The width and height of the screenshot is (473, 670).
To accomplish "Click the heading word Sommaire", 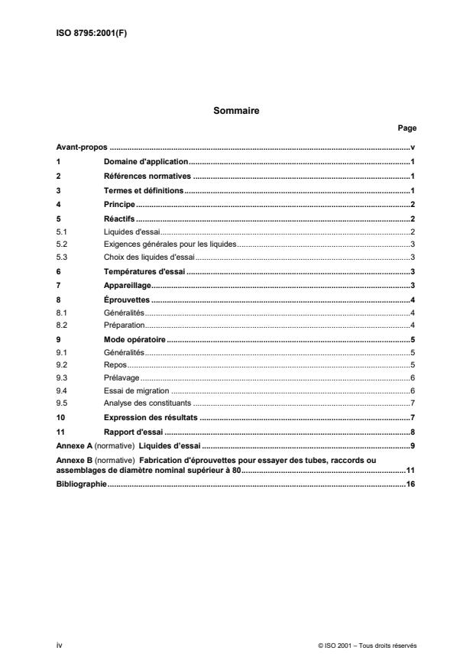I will click(236, 111).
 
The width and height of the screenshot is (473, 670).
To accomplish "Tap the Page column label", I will click(407, 128).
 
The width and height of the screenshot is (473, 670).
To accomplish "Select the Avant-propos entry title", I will click(82, 147).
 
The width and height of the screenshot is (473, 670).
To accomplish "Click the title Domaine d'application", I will click(145, 162).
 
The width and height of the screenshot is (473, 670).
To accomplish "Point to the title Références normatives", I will click(147, 176).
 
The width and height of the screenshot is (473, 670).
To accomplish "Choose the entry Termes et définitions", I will click(144, 191).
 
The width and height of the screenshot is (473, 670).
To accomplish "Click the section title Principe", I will click(119, 206).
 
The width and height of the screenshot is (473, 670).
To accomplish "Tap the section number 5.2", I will click(63, 244).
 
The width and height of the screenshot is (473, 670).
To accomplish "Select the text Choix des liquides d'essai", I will click(150, 257).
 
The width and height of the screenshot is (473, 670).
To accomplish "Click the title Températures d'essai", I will click(144, 271).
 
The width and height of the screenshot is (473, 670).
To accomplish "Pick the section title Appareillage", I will click(128, 286).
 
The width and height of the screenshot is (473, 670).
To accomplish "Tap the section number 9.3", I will click(63, 377).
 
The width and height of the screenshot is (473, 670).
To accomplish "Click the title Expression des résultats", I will click(151, 418).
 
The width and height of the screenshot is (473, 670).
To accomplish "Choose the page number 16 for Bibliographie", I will click(410, 484).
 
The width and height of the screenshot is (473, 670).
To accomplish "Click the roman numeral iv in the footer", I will click(60, 646).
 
